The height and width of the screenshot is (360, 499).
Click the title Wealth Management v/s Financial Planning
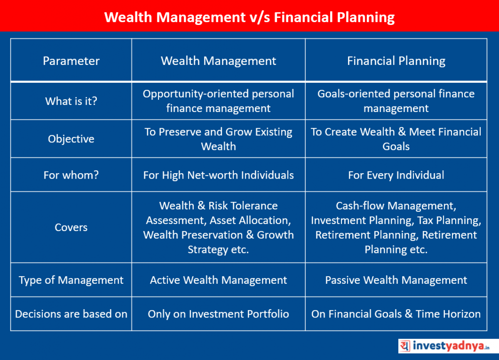pos(249,17)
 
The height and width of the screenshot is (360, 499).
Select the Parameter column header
pos(71,61)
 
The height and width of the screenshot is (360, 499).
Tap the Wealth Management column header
pos(218,61)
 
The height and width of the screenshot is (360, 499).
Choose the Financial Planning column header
pos(396,61)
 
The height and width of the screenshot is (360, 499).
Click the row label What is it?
pos(71,101)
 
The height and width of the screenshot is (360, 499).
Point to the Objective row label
pos(71,139)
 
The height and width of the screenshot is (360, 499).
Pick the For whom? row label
pos(71,175)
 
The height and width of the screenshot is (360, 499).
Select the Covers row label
pos(71,227)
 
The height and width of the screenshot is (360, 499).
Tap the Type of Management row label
pos(71,280)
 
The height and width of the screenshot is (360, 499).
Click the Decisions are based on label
pos(71,314)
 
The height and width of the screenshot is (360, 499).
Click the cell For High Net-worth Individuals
pos(218,175)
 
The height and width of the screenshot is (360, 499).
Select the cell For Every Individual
pos(396,175)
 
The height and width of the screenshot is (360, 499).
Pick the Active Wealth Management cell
pos(218,280)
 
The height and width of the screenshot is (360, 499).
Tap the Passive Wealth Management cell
pos(396,280)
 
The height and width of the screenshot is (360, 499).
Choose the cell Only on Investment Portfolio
pos(218,314)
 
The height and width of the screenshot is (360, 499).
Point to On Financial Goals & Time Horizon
pos(396,314)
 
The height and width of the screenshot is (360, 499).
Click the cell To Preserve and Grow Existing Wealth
pos(218,139)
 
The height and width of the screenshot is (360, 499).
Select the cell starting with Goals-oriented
pos(396,101)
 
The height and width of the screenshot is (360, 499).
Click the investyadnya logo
pos(448,346)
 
